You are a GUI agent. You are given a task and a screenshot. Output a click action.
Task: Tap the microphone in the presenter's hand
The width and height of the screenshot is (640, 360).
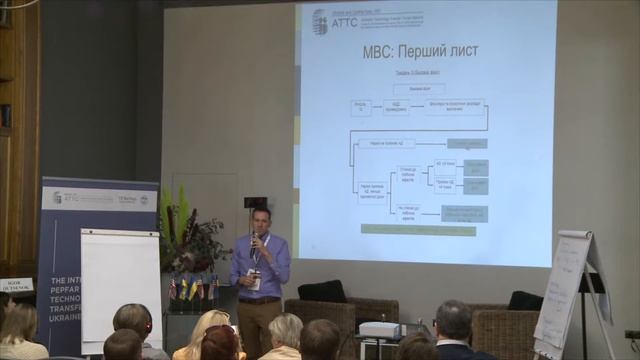pos(254,240)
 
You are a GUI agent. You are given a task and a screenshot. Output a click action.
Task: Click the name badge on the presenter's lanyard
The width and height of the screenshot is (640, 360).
pos(256,283)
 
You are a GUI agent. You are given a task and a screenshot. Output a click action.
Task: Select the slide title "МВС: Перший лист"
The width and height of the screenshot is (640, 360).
pos(383,50)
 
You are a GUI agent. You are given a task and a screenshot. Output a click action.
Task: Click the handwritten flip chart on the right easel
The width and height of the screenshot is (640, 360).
pos(565,290)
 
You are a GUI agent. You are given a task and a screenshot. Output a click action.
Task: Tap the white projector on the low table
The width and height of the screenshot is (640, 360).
pos(380,329)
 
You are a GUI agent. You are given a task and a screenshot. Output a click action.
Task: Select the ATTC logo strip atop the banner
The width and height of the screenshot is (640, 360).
pos(99,198)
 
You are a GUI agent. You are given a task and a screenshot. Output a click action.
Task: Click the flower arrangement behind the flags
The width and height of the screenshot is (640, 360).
pos(190,240)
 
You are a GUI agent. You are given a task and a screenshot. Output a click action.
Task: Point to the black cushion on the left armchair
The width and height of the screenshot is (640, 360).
pos(322,291)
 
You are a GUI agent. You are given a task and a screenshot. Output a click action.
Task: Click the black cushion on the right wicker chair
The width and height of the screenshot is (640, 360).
pos(525,300)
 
